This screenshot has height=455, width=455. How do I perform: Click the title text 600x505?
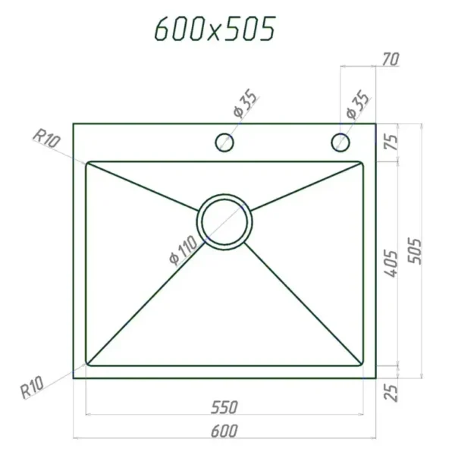tap(215, 28)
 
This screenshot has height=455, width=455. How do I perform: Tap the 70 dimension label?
tap(391, 59)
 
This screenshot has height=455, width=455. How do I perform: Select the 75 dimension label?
tap(391, 142)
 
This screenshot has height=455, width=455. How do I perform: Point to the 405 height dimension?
tap(391, 263)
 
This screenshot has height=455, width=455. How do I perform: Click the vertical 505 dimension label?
tap(414, 251)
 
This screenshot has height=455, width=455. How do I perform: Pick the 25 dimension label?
tap(391, 393)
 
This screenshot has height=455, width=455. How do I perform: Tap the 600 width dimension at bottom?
tap(224, 431)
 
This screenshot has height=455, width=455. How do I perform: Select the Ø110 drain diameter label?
tap(184, 250)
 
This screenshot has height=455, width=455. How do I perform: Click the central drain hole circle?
tap(224, 194)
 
